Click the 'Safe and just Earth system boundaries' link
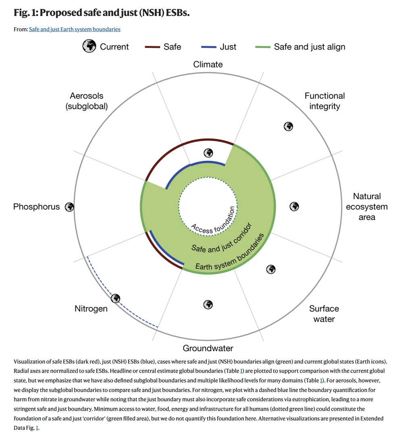[x=75, y=29]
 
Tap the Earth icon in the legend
[x=89, y=46]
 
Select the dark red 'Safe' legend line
[x=152, y=47]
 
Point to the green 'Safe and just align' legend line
[x=263, y=47]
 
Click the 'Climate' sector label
[x=208, y=64]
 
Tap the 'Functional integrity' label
[x=325, y=101]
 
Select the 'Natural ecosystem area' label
[x=367, y=206]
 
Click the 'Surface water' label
[x=324, y=314]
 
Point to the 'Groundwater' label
[x=208, y=348]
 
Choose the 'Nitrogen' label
[x=91, y=309]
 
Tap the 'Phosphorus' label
[x=36, y=207]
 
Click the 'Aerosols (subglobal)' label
[x=87, y=101]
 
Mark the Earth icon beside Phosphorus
[x=69, y=207]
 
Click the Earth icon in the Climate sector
[x=208, y=153]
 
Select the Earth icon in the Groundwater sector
[x=208, y=304]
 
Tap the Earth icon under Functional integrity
[x=288, y=126]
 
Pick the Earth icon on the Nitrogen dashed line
[x=116, y=298]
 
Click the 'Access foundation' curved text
[x=214, y=224]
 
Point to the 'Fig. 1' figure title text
[x=102, y=13]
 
